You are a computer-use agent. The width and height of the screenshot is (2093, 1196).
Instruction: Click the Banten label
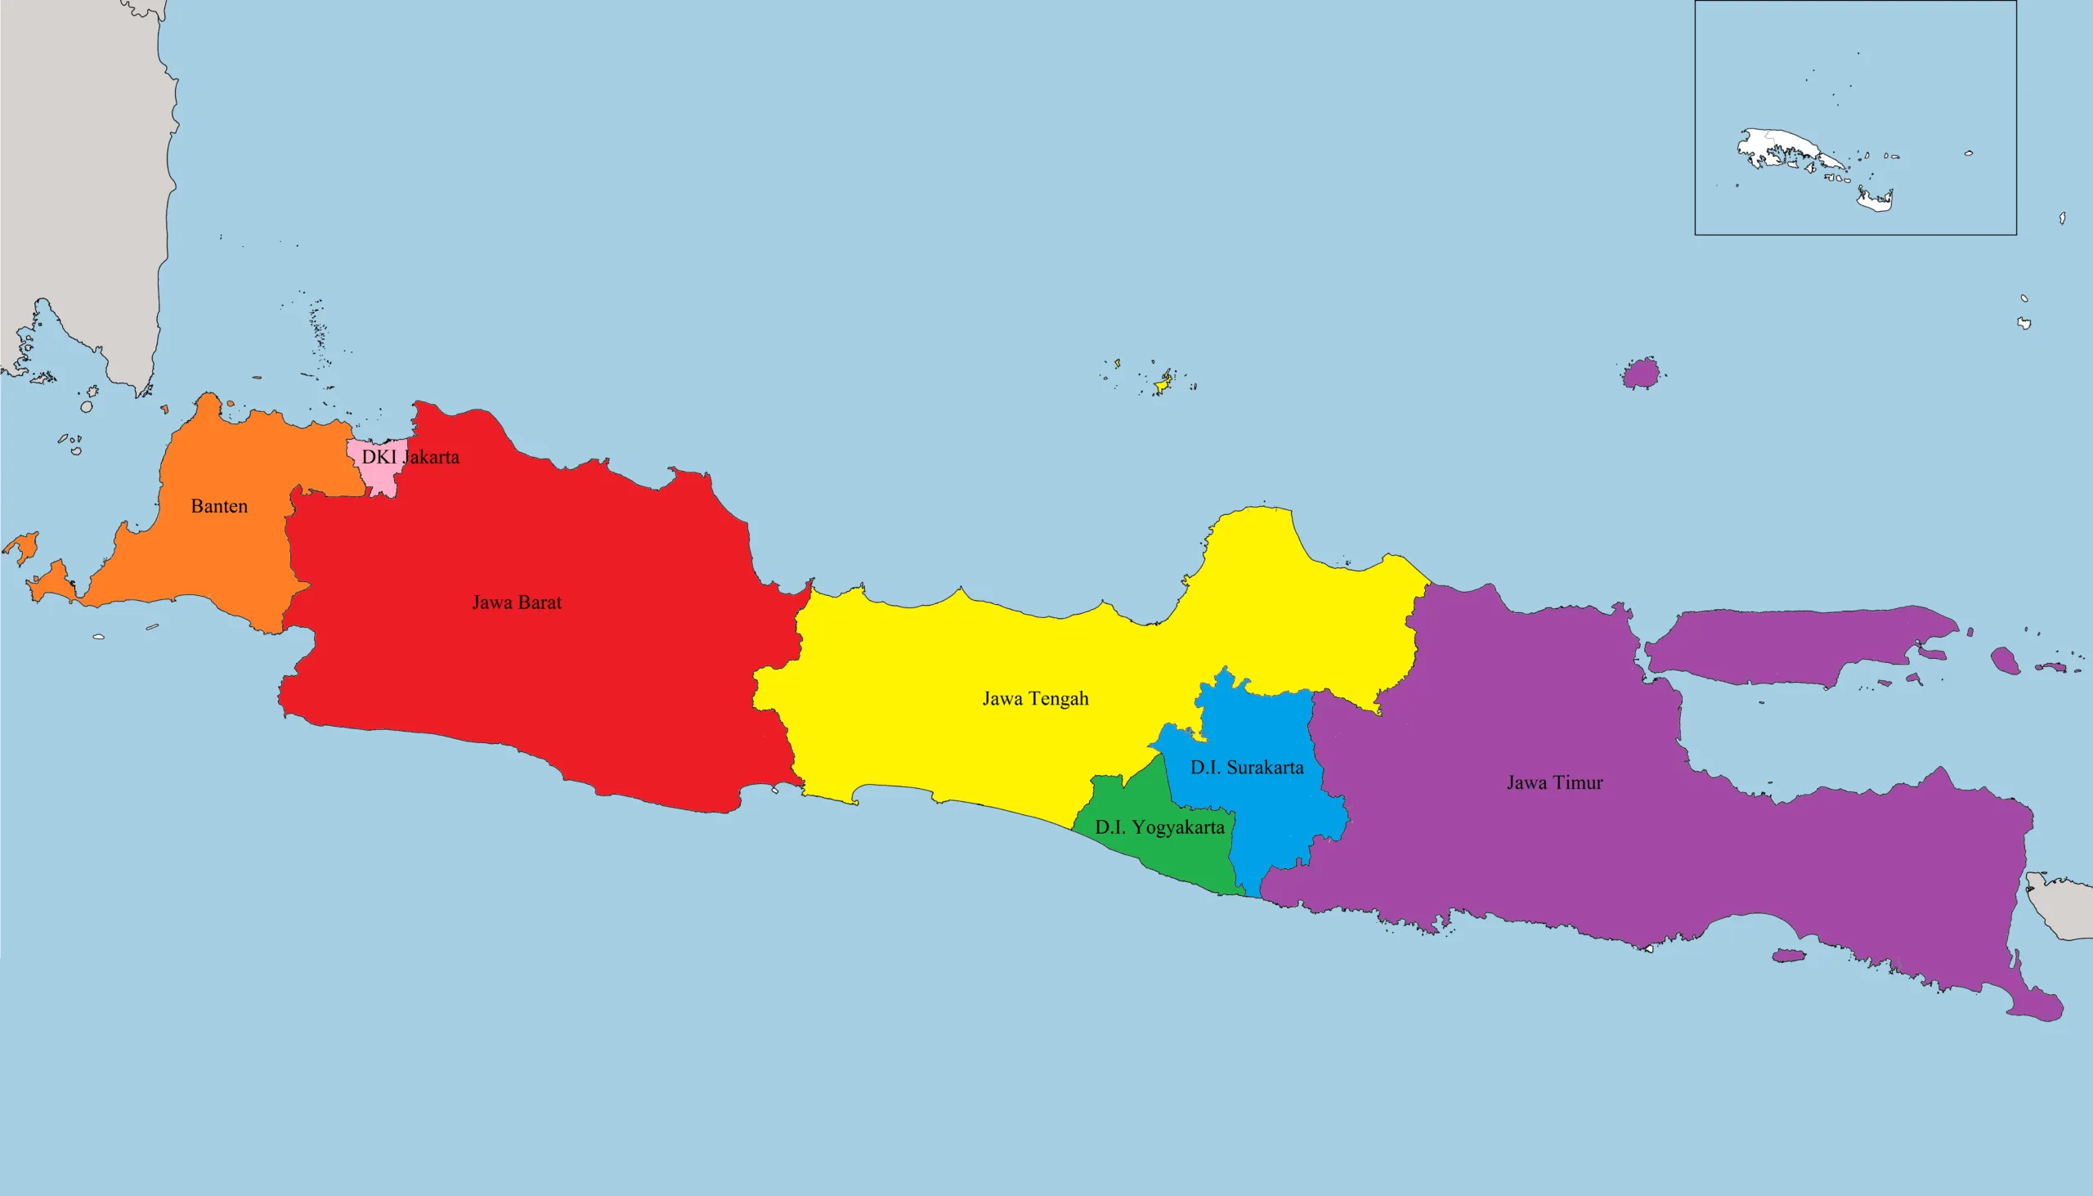[x=219, y=506]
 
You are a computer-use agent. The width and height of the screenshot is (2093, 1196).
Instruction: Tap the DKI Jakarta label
[x=410, y=457]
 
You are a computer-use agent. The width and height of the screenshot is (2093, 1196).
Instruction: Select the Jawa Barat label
[x=517, y=602]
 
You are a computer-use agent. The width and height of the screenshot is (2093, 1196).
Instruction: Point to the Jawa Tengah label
[x=1035, y=698]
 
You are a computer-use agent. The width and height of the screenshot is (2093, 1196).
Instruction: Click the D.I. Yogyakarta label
[x=1159, y=827]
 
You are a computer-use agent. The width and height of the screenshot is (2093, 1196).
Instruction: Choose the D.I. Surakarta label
[x=1246, y=767]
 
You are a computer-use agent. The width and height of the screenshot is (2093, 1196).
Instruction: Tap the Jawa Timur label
[x=1554, y=782]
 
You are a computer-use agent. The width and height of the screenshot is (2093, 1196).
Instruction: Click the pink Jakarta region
[x=379, y=477]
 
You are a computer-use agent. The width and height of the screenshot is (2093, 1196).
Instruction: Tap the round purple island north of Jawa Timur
[x=1641, y=374]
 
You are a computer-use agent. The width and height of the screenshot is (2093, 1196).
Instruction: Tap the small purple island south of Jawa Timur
[x=1786, y=956]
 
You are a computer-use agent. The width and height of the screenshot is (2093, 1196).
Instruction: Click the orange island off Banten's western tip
[x=22, y=546]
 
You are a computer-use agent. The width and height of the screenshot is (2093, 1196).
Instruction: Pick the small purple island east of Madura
[x=2005, y=660]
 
